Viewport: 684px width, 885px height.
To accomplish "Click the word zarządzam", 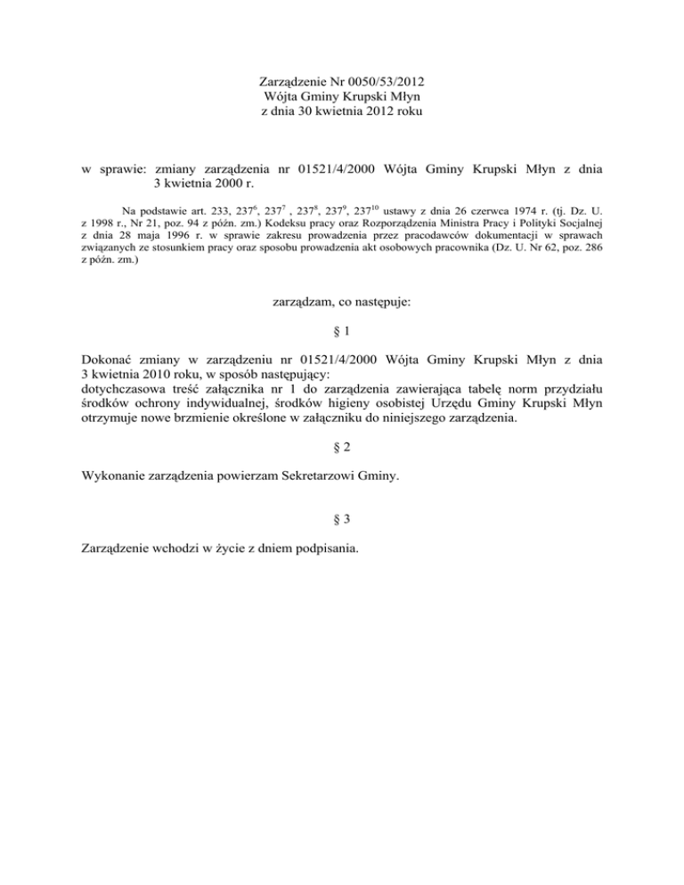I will (305, 303).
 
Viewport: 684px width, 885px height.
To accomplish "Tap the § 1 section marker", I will (341, 332).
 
